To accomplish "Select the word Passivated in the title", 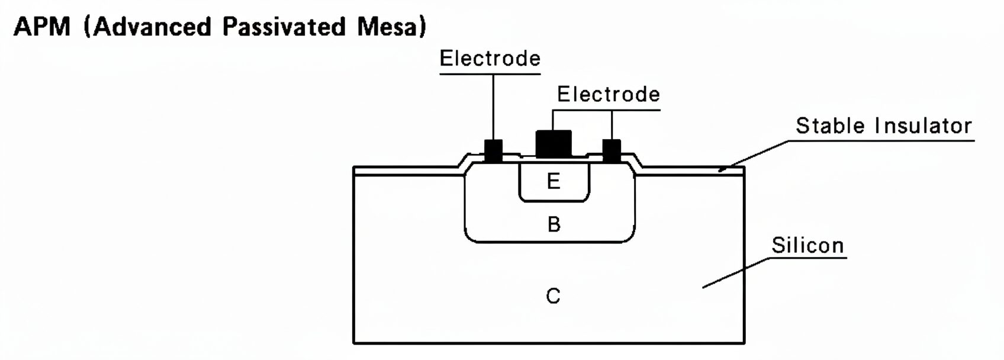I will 284,27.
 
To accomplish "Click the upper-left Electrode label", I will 490,59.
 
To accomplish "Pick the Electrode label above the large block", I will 608,95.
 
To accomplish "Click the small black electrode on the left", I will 493,150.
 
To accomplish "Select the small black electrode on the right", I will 612,150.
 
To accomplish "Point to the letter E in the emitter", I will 554,181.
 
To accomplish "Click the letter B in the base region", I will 554,224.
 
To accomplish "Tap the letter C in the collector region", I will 553,295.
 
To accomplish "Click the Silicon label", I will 807,246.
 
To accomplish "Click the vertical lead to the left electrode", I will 493,107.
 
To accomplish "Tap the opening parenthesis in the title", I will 87,27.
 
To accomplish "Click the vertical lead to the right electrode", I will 612,124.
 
